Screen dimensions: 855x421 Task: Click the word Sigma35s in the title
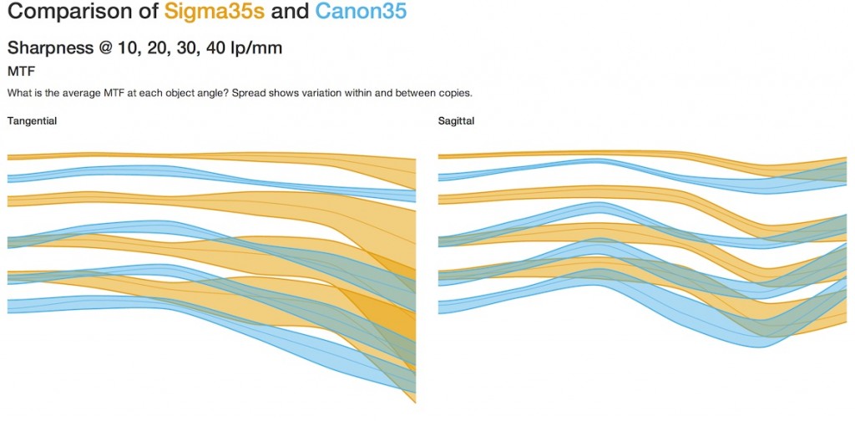215,12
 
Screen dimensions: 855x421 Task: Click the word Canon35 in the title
361,12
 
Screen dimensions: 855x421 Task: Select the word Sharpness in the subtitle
50,48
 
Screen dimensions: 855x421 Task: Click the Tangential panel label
33,121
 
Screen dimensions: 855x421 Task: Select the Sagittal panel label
457,121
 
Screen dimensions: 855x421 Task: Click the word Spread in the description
245,94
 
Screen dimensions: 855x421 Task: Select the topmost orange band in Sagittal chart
600,154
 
